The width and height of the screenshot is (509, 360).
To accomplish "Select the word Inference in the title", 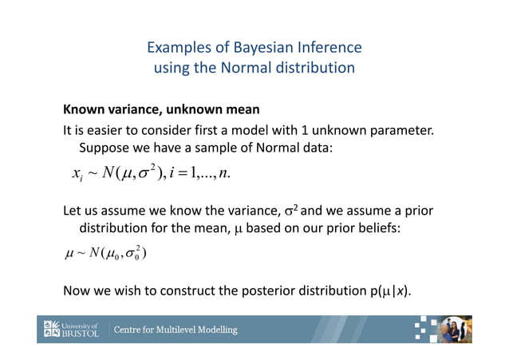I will click(x=326, y=47).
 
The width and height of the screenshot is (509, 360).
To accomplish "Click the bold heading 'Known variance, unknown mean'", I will click(x=162, y=109).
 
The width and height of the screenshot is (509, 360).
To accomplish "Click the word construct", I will click(x=206, y=290).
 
